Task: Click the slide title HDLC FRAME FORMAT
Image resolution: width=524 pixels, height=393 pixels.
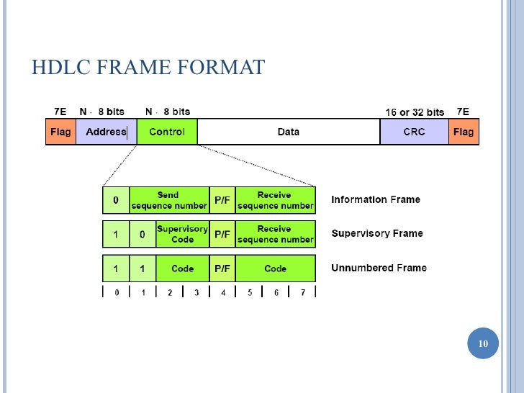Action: pyautogui.click(x=148, y=68)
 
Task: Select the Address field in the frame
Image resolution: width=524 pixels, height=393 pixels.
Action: pyautogui.click(x=106, y=132)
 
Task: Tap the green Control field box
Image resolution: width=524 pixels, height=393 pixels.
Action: pyautogui.click(x=167, y=132)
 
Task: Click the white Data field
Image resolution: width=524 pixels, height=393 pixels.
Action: pyautogui.click(x=288, y=132)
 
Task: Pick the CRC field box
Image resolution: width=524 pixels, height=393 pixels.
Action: pyautogui.click(x=414, y=132)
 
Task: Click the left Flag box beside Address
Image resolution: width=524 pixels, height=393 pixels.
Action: pyautogui.click(x=60, y=132)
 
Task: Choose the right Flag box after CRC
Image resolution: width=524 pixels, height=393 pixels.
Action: pyautogui.click(x=464, y=132)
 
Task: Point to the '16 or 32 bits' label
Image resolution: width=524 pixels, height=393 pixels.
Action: pyautogui.click(x=415, y=112)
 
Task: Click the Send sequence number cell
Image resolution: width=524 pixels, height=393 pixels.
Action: pyautogui.click(x=169, y=200)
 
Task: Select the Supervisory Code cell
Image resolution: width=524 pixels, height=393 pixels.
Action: pyautogui.click(x=182, y=234)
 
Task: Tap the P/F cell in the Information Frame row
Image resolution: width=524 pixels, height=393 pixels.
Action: pyautogui.click(x=222, y=200)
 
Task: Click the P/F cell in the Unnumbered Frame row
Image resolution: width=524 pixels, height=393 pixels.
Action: pyautogui.click(x=222, y=268)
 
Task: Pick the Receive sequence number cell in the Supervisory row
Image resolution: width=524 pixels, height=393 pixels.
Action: pyautogui.click(x=276, y=234)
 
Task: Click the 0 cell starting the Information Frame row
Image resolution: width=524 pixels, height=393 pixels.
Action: pyautogui.click(x=116, y=200)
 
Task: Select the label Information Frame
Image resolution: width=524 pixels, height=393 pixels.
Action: pyautogui.click(x=376, y=199)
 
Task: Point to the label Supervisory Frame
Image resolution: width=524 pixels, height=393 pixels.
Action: pyautogui.click(x=376, y=233)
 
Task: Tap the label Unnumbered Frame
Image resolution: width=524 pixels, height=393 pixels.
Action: pyautogui.click(x=379, y=268)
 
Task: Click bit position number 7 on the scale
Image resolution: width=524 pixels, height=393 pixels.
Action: pyautogui.click(x=302, y=293)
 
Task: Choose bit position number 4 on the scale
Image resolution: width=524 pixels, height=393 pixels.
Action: pyautogui.click(x=223, y=293)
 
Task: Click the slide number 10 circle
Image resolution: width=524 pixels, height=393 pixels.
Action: pyautogui.click(x=483, y=344)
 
